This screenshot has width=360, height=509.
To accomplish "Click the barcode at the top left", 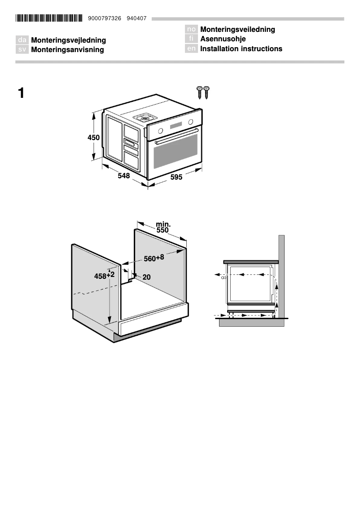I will [49, 18].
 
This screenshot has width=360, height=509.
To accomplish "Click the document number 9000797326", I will [108, 18].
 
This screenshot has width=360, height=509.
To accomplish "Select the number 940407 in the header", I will [136, 18].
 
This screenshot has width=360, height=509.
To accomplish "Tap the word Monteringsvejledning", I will [68, 40].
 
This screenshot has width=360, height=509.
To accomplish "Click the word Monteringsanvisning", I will [67, 50].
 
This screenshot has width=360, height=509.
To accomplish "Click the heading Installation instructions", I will [241, 48].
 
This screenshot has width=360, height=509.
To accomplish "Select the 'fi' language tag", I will [191, 39].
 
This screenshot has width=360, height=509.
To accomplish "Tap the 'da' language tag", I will [22, 40].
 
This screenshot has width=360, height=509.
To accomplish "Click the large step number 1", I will [21, 93].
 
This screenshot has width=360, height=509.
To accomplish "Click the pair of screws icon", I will [203, 92].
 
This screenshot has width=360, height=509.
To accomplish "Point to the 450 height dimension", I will [93, 138].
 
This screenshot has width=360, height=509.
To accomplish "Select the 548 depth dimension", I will [124, 176].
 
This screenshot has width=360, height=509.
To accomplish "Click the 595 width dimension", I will [176, 177].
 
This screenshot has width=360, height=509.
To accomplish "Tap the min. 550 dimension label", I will [162, 227].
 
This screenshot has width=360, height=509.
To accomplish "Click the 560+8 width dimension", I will [154, 258].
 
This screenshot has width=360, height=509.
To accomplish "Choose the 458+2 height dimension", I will [104, 276].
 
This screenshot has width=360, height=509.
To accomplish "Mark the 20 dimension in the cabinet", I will [146, 277].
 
